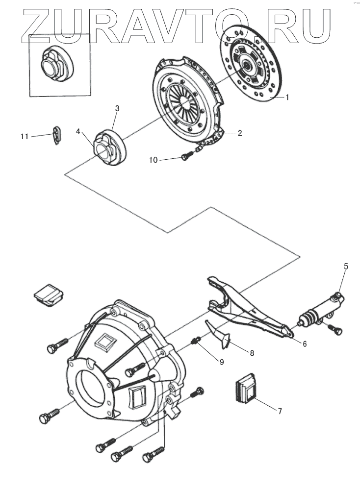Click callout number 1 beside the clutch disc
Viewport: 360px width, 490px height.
click(x=287, y=97)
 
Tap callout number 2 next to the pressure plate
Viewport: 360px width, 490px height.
click(x=240, y=132)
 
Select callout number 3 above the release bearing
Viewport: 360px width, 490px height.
click(x=117, y=108)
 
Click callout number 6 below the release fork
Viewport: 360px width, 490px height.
click(x=304, y=343)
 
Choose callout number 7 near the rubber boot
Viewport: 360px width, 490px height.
click(x=280, y=411)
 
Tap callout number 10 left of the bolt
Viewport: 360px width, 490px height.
click(x=154, y=160)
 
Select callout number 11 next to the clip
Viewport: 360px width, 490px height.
click(x=25, y=136)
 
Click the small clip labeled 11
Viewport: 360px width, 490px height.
click(x=57, y=135)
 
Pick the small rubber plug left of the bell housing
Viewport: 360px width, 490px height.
click(x=49, y=294)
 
